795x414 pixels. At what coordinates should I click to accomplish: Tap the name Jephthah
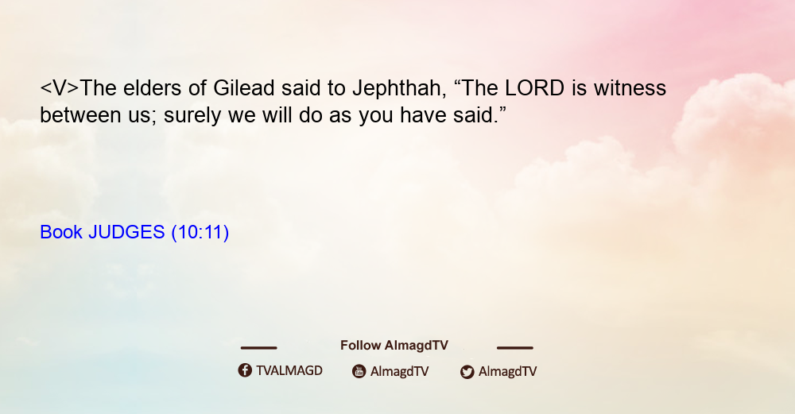coord(400,89)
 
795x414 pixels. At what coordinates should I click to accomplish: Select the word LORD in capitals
coord(534,88)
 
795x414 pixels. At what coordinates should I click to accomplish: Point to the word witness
coord(630,88)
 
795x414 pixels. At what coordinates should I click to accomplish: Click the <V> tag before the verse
coord(60,88)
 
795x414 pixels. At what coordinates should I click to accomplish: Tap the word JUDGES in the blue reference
coord(126,232)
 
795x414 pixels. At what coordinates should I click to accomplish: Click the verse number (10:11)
coord(200,233)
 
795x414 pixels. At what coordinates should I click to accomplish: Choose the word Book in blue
coord(61,232)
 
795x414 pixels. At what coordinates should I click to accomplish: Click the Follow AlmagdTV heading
coord(394,346)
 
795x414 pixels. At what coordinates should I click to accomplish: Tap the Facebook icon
coord(245,370)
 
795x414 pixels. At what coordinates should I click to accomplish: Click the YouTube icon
coord(359,371)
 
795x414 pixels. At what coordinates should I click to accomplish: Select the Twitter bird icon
coord(467,372)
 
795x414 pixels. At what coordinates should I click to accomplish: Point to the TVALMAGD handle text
coord(289,371)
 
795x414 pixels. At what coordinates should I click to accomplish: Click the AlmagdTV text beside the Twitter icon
coord(507,372)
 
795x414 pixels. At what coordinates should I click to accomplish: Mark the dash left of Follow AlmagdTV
coord(258,348)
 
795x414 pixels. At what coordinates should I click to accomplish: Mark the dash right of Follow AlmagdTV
coord(515,348)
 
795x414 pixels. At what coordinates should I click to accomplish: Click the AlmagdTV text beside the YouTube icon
coord(400,372)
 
